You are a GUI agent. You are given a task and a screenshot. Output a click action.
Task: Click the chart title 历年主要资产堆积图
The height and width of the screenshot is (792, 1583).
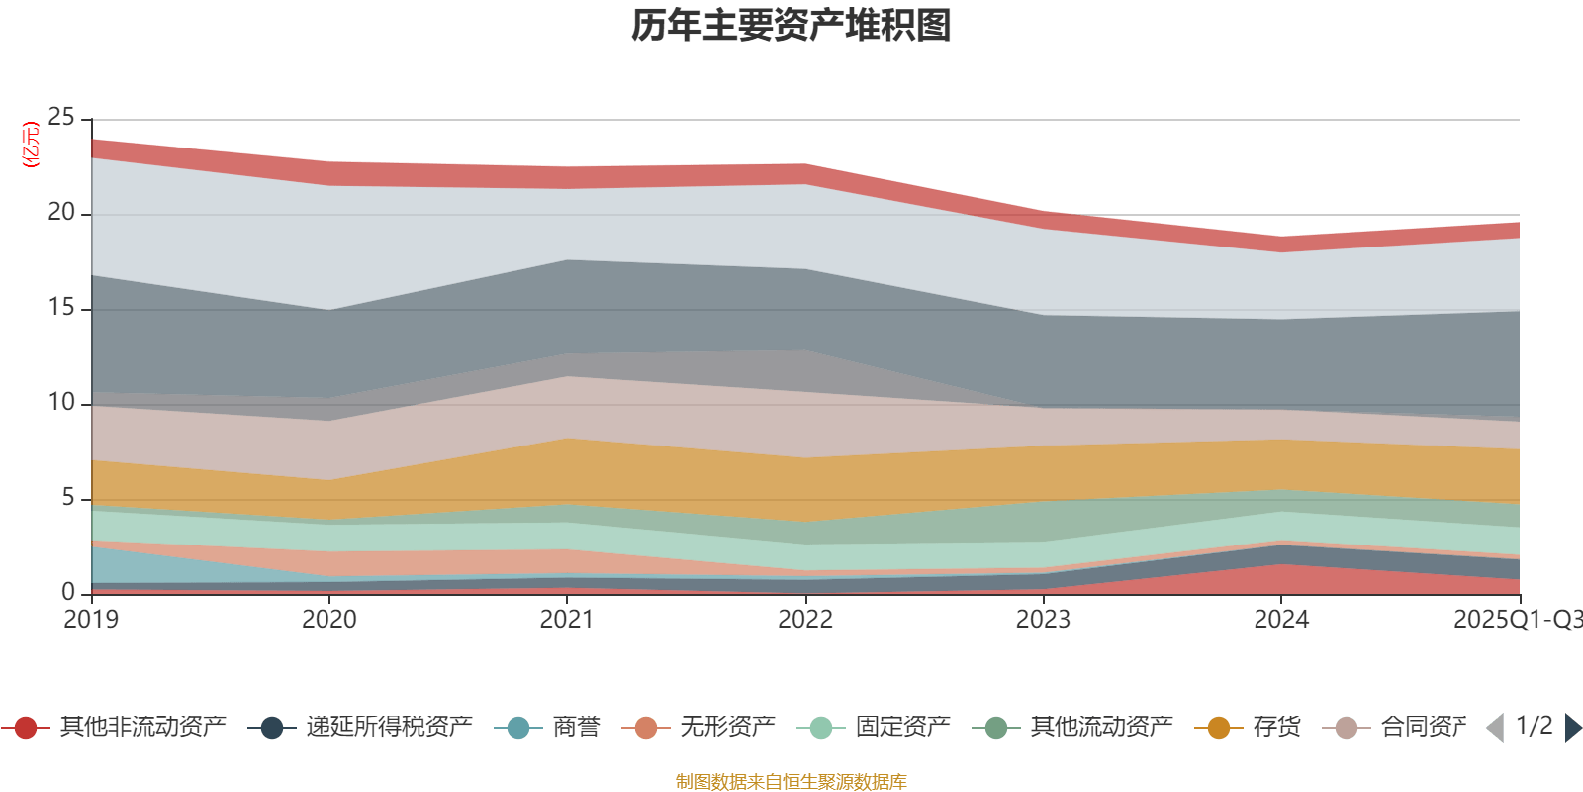point(791,26)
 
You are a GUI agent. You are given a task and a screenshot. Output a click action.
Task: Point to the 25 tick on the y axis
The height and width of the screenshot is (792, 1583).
point(61,118)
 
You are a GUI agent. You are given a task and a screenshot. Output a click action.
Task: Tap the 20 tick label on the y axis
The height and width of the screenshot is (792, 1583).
point(61,213)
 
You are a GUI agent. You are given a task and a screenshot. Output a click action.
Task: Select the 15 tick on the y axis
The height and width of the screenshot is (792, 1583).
point(61,308)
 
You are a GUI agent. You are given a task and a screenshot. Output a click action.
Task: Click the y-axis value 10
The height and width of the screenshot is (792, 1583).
point(61,403)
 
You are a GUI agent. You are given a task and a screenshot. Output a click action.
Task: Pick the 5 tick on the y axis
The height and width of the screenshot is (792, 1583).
point(67,498)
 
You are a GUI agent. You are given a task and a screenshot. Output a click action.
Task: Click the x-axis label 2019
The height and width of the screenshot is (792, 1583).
point(91,620)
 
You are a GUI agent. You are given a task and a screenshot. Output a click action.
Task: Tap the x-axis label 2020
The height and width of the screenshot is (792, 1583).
point(329,620)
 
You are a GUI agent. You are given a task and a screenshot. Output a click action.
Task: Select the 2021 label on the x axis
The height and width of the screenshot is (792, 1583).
point(567,620)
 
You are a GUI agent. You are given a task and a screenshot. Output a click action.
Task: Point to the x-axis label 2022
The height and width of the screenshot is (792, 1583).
point(805,620)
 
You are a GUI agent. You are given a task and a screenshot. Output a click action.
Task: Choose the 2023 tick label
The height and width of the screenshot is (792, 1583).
point(1043,620)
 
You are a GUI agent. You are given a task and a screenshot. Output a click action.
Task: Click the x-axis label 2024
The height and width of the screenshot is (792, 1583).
point(1281,620)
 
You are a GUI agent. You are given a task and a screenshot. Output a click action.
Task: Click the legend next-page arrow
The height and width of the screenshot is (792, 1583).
point(1572,728)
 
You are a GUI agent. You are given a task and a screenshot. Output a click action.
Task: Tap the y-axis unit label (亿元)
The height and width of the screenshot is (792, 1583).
point(32,145)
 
